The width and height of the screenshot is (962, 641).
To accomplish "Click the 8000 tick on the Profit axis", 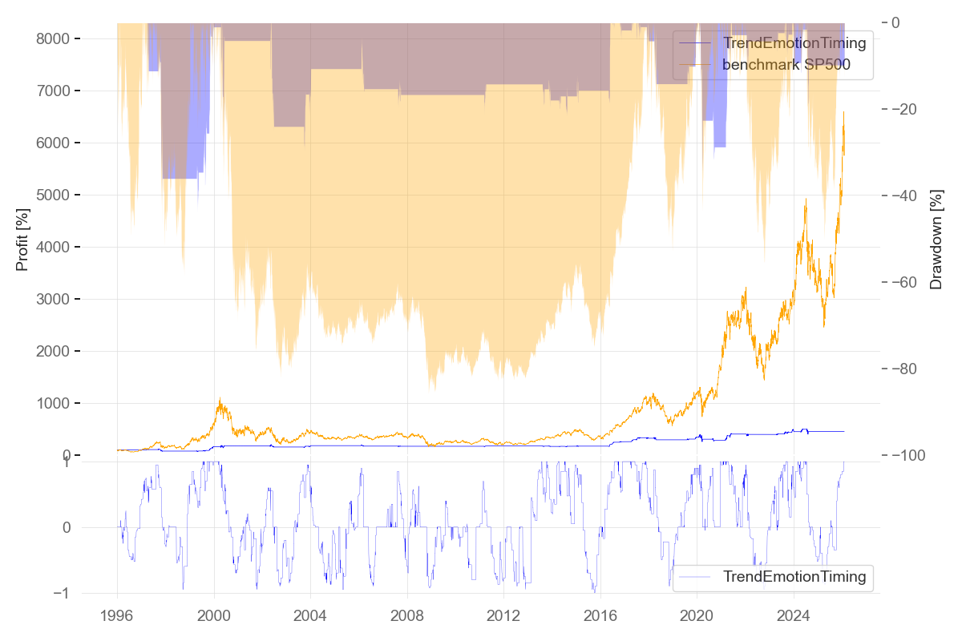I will click(x=63, y=39).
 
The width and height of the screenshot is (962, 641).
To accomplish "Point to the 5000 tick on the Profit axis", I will click(x=63, y=196).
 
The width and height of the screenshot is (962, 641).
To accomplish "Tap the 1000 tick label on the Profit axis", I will click(x=63, y=404).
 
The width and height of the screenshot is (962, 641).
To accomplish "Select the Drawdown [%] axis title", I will click(x=936, y=240).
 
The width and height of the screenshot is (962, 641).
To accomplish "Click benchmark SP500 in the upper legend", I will click(x=786, y=66).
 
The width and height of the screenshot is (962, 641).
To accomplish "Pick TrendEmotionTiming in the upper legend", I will click(x=794, y=43).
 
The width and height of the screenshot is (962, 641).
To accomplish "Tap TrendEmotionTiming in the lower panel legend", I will click(x=794, y=576).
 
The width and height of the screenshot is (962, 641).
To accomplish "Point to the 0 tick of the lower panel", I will click(x=66, y=528).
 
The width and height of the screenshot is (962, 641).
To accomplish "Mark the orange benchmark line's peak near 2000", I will click(x=220, y=397).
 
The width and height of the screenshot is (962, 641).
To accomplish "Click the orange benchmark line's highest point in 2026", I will click(x=844, y=112).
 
